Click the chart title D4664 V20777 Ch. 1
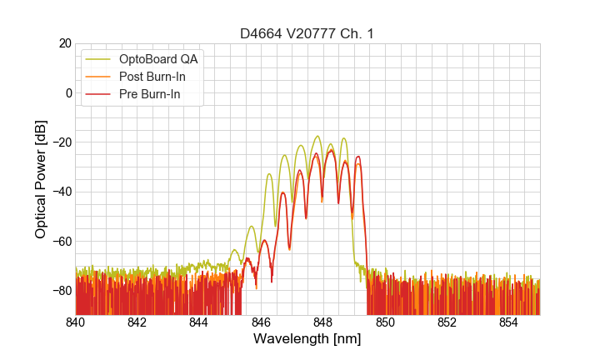coord(307,34)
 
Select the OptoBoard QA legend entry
coord(159,58)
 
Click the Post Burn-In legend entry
coord(155,77)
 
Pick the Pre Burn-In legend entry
coord(152,95)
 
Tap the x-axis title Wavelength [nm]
coord(307,340)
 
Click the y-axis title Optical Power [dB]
coord(41,179)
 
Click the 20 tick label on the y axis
coord(63,43)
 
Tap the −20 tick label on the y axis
coord(60,142)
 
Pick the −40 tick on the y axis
coord(60,192)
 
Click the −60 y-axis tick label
coord(60,241)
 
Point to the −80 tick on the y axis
coord(60,291)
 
